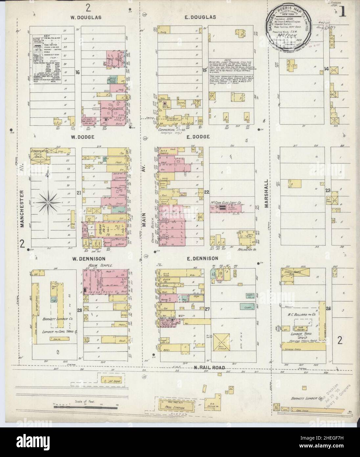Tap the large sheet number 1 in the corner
342,12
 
